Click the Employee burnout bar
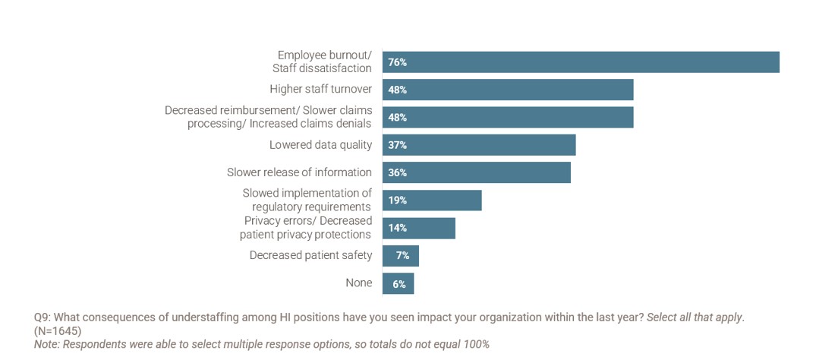click(581, 62)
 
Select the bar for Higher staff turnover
click(508, 90)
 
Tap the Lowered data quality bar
click(479, 145)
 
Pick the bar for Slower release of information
click(476, 172)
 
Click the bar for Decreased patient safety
click(401, 256)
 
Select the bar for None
click(398, 283)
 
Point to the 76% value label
click(398, 62)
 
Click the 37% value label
click(398, 145)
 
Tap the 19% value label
click(398, 201)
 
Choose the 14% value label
click(398, 228)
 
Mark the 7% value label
click(402, 256)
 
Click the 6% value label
click(399, 284)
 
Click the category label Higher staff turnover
click(320, 89)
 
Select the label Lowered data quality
click(320, 144)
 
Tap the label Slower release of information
click(299, 172)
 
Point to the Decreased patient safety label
click(310, 255)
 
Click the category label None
click(359, 283)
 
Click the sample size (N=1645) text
click(58, 331)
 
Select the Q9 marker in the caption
click(43, 317)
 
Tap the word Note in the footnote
click(46, 344)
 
